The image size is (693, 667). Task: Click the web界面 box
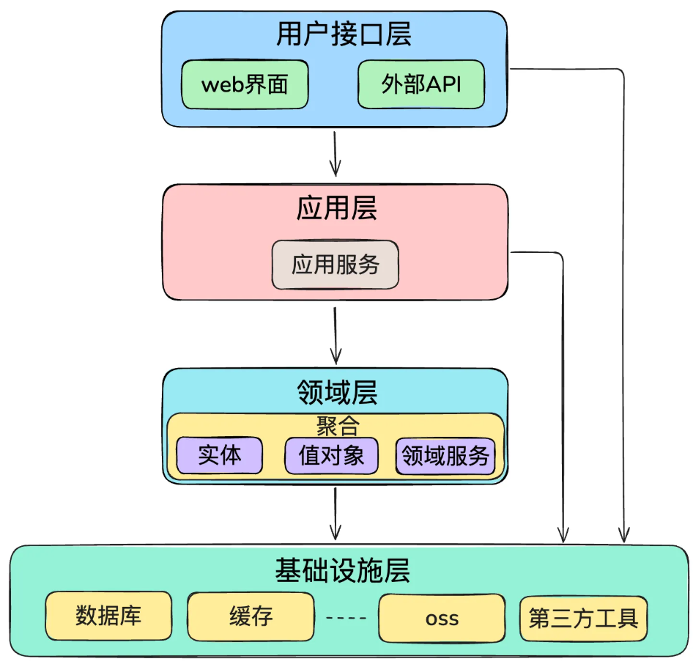click(x=245, y=84)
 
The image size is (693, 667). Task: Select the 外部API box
click(x=421, y=84)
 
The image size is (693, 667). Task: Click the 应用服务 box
click(x=336, y=264)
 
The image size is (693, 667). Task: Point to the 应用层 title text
click(x=336, y=208)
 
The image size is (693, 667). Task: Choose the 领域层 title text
click(x=336, y=392)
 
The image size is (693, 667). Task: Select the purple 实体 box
click(x=219, y=455)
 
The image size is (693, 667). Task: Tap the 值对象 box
click(x=331, y=455)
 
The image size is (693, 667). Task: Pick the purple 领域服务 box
click(x=445, y=456)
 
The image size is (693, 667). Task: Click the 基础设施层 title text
click(x=343, y=569)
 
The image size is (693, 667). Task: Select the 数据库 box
click(x=108, y=616)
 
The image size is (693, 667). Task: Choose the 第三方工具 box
click(x=583, y=618)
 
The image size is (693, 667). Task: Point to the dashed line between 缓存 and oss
click(x=346, y=617)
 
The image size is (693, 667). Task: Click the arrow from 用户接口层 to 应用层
click(x=335, y=154)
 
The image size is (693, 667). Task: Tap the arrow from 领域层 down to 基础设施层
click(x=335, y=513)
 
